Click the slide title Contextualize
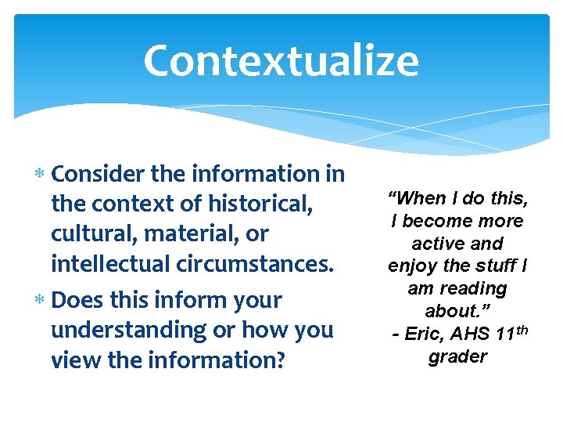pos(281,61)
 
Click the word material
pos(186,234)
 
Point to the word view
pos(74,360)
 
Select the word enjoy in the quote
pos(411,266)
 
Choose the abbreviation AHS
pos(472,334)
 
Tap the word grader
pos(457,356)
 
